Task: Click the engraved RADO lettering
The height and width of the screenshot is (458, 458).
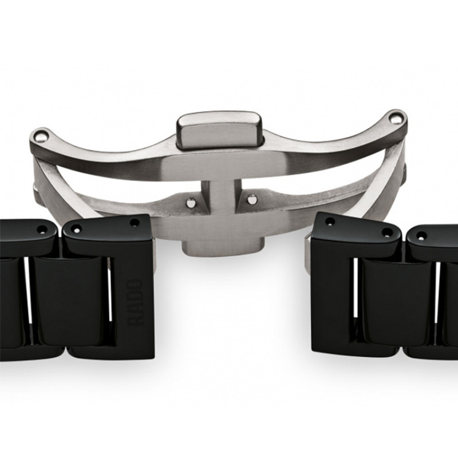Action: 136,303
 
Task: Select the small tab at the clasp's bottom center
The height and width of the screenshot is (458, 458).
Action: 223,246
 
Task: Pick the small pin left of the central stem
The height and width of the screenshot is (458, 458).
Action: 191,202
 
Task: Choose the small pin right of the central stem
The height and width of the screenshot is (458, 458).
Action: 251,199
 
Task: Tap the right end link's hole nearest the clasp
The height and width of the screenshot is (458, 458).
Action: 330,222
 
